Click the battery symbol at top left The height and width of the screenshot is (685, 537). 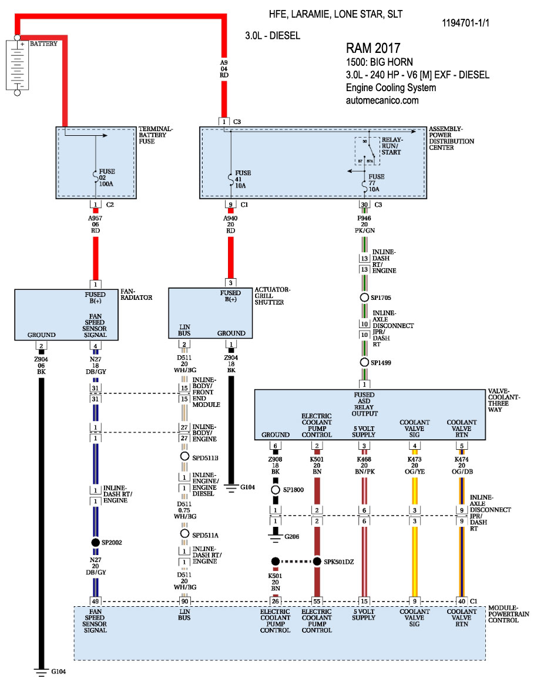(17, 64)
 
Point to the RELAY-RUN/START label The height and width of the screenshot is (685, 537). (391, 146)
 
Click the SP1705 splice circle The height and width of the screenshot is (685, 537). (364, 298)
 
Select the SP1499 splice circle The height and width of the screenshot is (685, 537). (364, 363)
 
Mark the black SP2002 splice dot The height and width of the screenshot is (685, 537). (95, 542)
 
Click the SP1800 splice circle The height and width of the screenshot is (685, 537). (275, 490)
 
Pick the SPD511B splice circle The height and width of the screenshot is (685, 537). (184, 456)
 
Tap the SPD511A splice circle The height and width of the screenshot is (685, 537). (184, 533)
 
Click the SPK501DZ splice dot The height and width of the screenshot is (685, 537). (317, 561)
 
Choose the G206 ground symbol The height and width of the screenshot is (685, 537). (275, 535)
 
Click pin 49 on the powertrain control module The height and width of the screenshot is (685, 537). (95, 601)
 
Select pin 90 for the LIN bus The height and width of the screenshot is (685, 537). (184, 601)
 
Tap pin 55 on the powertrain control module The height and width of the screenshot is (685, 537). (317, 601)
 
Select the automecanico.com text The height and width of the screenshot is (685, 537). (382, 101)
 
